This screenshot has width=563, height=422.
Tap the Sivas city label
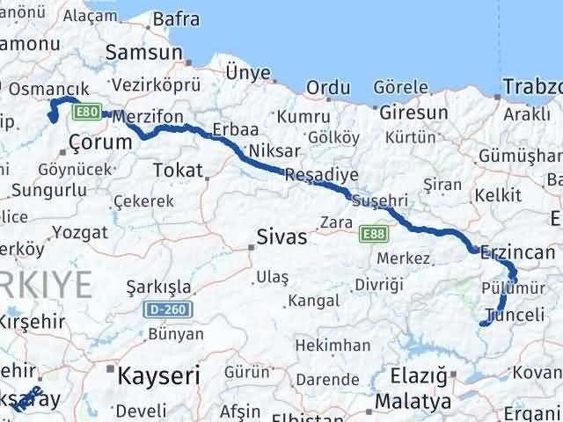(281, 236)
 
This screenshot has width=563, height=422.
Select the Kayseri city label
(158, 375)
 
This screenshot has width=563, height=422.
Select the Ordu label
(329, 88)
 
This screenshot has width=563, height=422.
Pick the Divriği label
(378, 284)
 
